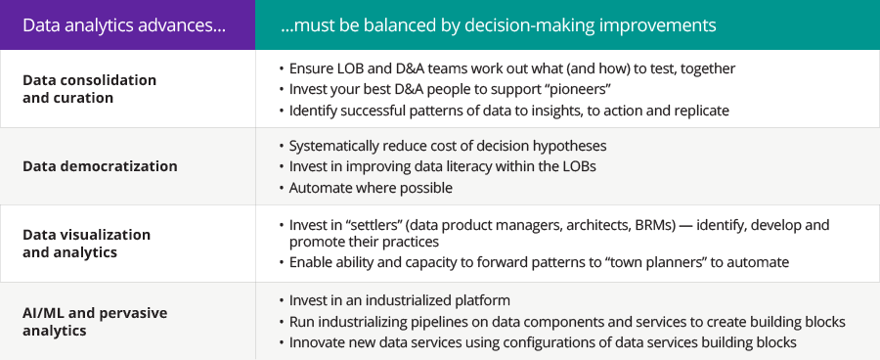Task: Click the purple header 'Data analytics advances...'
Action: tap(124, 25)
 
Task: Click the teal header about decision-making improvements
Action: tap(499, 25)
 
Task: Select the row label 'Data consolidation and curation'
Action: tap(89, 89)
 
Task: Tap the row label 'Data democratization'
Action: tap(100, 166)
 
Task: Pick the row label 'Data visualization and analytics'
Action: tap(86, 244)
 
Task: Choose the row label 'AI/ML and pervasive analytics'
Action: tap(95, 321)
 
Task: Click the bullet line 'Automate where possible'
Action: tap(371, 188)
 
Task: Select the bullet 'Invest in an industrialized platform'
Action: tap(400, 300)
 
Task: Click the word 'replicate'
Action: tap(700, 111)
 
